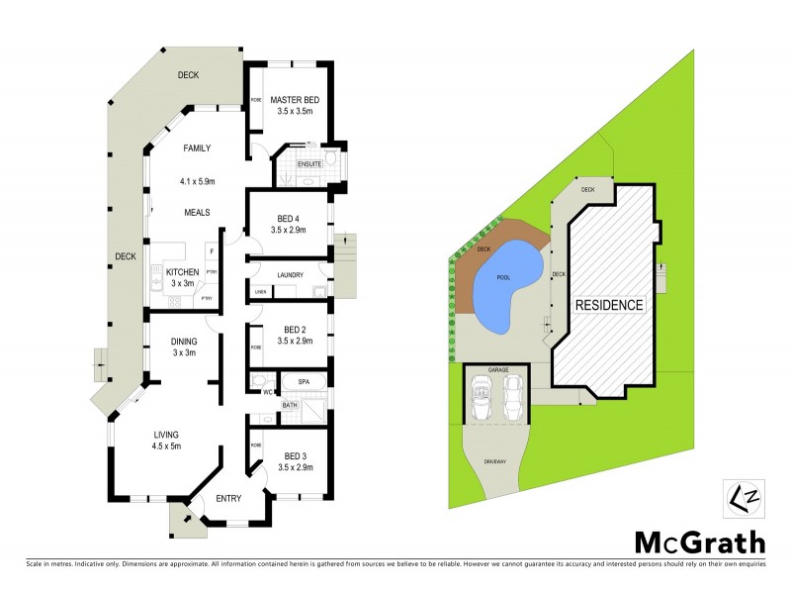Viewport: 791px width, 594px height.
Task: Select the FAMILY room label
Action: click(198, 148)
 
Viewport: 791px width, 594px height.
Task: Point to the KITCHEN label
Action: click(182, 271)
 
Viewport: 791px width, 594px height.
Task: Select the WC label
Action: click(267, 393)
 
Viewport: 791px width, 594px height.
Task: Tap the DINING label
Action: click(184, 342)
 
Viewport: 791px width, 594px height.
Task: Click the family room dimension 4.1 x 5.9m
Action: click(198, 181)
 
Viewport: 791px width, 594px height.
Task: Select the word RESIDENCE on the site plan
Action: click(610, 305)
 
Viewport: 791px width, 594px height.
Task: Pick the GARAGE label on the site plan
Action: click(498, 369)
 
